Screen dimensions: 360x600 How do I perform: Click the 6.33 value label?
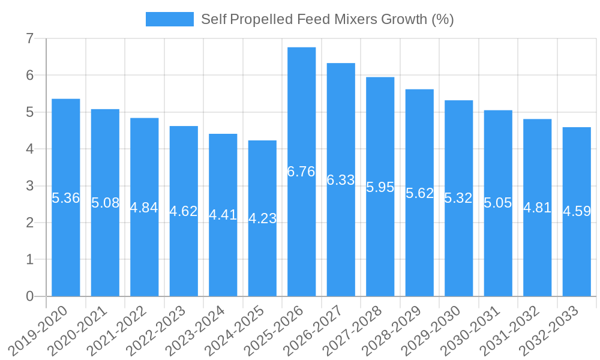(x=341, y=180)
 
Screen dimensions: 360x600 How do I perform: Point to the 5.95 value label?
(x=380, y=187)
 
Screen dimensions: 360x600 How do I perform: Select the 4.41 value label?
(x=223, y=215)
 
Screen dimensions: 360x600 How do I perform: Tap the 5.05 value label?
(x=498, y=203)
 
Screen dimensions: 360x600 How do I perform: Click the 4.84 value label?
(x=145, y=208)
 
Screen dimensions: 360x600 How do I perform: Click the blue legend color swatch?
(x=169, y=19)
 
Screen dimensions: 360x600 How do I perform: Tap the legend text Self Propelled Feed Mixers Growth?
(x=327, y=19)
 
